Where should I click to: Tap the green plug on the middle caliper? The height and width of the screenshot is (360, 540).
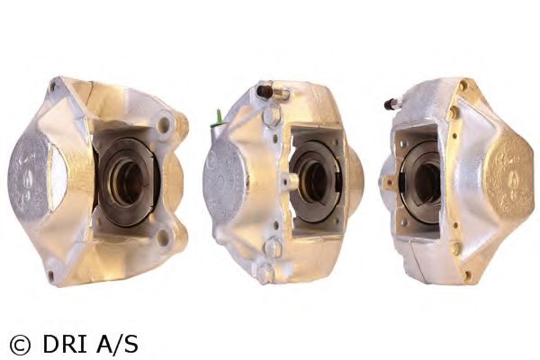[x=219, y=117]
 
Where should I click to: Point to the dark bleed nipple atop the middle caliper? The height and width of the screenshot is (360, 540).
[x=264, y=91]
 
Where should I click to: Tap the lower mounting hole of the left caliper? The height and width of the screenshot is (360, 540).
[x=163, y=238]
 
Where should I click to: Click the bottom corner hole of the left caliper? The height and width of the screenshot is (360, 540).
[x=51, y=274]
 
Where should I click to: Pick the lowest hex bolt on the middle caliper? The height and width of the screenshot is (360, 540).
[x=264, y=272]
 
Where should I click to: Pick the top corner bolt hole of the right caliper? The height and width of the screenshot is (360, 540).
[x=463, y=87]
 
